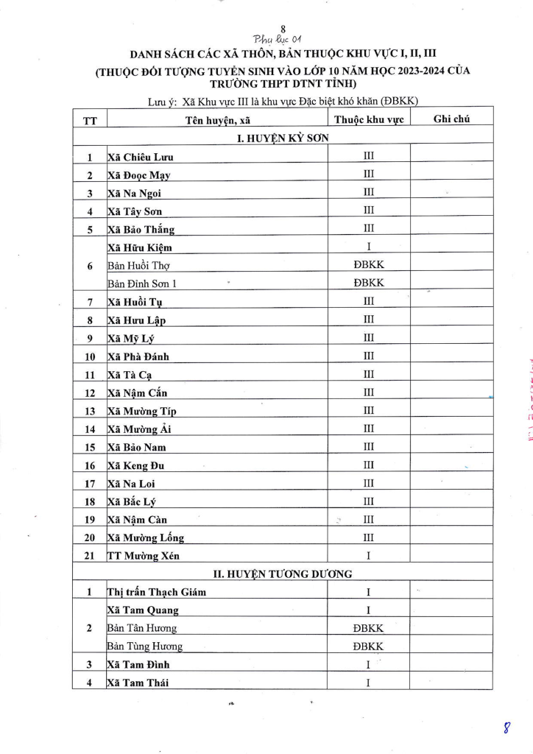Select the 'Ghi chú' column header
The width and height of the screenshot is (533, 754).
(x=451, y=119)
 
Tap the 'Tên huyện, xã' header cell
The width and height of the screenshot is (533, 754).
(x=216, y=121)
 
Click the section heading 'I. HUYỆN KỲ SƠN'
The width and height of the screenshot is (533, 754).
(x=283, y=138)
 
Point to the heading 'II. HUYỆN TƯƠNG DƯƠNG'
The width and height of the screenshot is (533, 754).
(x=283, y=573)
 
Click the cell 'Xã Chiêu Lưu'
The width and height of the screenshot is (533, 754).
(x=140, y=157)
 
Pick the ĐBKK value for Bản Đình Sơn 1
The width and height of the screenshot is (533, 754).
(x=368, y=283)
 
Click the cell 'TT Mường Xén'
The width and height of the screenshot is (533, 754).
(x=143, y=555)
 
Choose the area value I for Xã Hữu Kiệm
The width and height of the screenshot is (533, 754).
(x=368, y=247)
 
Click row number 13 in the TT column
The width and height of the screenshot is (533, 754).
(x=90, y=411)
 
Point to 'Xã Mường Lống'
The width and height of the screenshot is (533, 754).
(x=145, y=538)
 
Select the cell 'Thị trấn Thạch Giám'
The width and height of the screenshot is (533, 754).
(x=156, y=592)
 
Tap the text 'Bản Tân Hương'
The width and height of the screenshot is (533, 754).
(x=141, y=628)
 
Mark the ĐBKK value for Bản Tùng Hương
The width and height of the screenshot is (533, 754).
(x=368, y=646)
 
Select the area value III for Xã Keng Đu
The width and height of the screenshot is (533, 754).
(x=368, y=465)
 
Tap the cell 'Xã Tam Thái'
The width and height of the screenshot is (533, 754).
(x=138, y=683)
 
